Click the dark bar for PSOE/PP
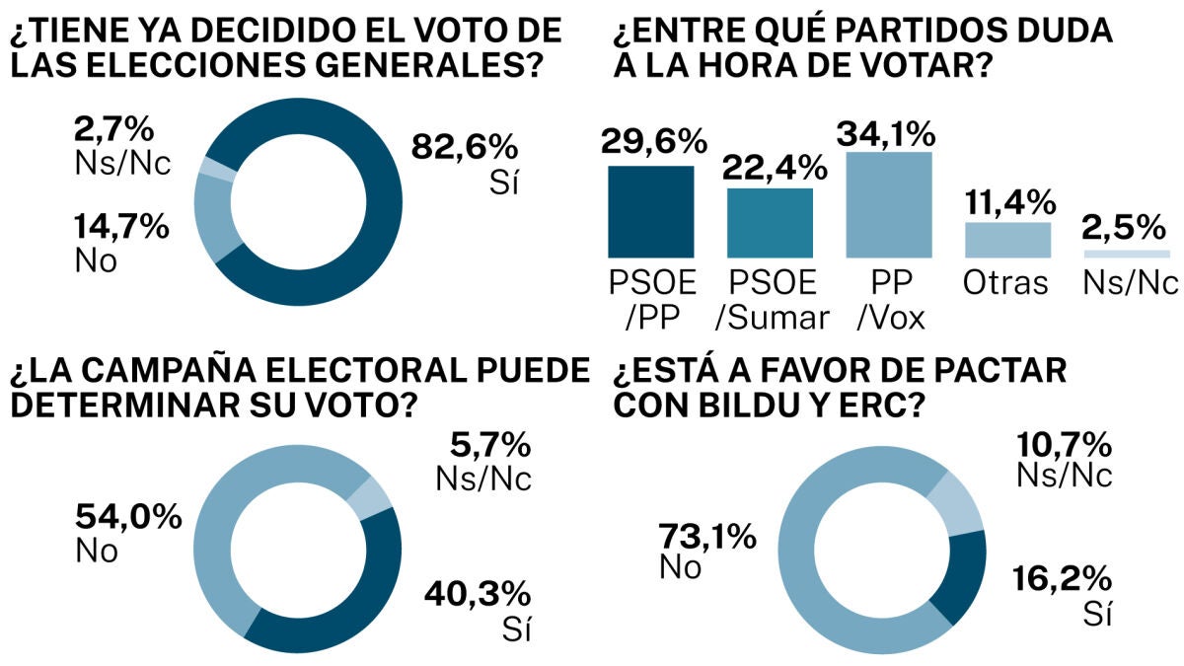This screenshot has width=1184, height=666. tap(650, 210)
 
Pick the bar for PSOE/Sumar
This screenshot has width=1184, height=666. tap(771, 221)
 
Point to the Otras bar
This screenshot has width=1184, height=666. tap(1007, 239)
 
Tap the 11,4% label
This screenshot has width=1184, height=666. tap(1007, 201)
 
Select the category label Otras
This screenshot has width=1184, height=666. tap(1007, 283)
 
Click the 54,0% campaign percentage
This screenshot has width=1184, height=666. tap(128, 516)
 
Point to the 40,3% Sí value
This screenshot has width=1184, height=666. tap(478, 595)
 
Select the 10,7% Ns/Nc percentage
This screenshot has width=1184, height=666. tap(1067, 443)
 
